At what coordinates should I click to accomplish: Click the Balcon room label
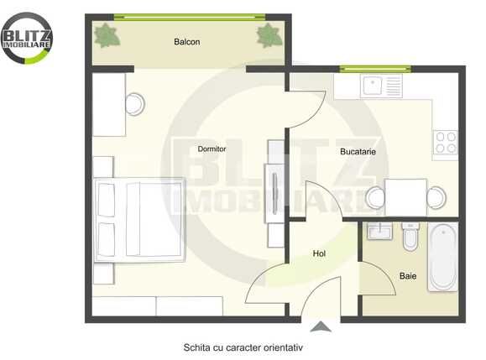tap(186, 42)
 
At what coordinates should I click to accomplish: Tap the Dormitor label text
tap(212, 149)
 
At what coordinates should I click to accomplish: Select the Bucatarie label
tap(358, 152)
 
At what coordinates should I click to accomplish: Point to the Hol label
tap(319, 253)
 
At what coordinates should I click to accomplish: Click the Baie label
tap(407, 275)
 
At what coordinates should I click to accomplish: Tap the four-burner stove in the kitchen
tap(445, 142)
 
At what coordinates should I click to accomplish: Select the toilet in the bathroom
tap(410, 237)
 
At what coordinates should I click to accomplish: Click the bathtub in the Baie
tap(442, 256)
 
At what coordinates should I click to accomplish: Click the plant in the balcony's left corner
tap(107, 35)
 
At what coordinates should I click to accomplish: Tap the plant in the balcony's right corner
tap(269, 35)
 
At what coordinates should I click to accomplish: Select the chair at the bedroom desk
tap(134, 104)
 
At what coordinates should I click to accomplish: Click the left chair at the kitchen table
tap(375, 198)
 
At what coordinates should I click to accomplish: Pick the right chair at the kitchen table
tap(435, 198)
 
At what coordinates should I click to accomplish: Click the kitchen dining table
tap(405, 197)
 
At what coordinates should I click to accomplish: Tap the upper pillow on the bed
tap(107, 200)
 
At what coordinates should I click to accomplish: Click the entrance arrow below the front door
tap(320, 329)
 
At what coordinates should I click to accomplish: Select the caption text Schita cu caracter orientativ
tap(243, 347)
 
